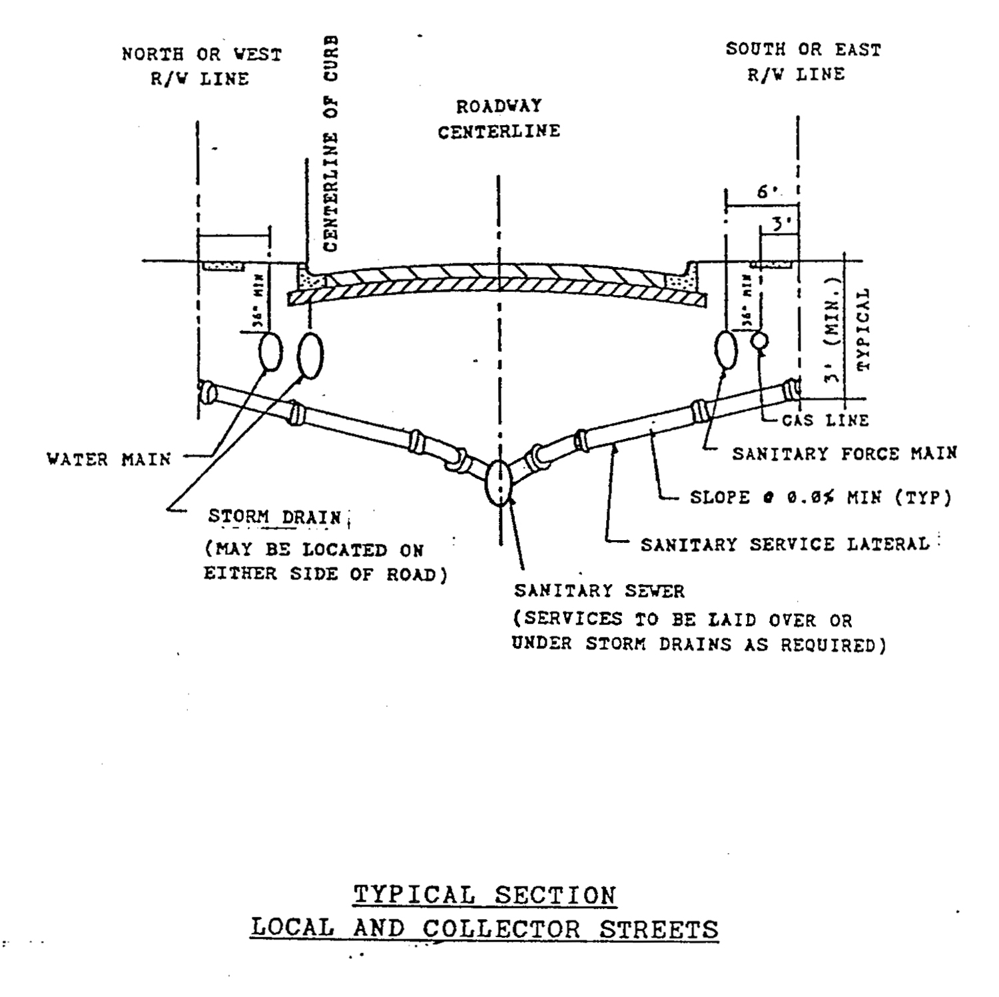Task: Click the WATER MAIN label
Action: [109, 459]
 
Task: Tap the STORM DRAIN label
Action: [274, 517]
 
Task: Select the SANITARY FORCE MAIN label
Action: [844, 454]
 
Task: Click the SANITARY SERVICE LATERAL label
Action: [785, 545]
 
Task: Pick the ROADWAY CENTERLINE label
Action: [499, 119]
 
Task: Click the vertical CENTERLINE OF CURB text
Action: [331, 143]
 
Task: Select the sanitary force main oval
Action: [726, 349]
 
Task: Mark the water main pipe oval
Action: [270, 351]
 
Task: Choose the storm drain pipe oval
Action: [310, 355]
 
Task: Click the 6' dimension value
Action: [767, 192]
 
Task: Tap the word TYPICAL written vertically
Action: [863, 329]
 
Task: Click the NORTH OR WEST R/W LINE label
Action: [201, 66]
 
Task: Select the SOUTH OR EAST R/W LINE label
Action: [803, 61]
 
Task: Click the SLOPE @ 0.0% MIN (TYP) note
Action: [820, 498]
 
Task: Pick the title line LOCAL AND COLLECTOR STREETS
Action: [484, 928]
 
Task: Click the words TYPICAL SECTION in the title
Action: [484, 894]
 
